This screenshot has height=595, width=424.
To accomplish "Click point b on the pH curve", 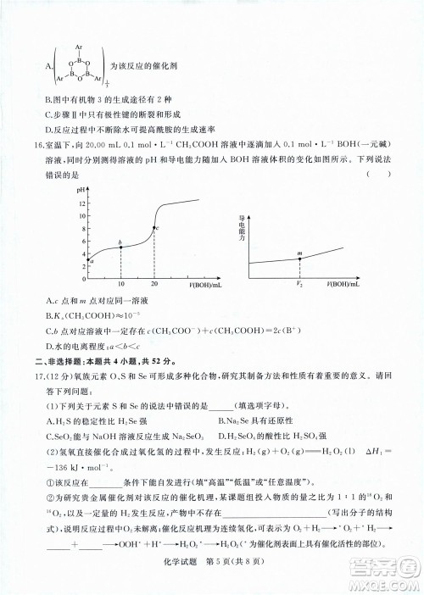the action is pos(121,247).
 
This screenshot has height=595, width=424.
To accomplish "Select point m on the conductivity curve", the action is pos(299,257).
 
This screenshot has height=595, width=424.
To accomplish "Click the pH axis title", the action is pos(82,192).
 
